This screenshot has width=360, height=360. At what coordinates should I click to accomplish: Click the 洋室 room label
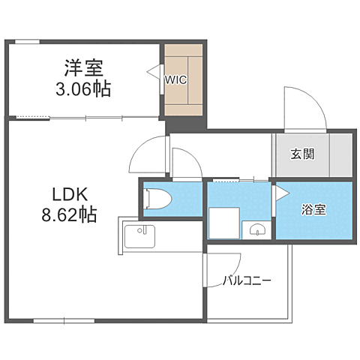[x=83, y=68]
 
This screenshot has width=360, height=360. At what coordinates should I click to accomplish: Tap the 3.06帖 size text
[x=83, y=89]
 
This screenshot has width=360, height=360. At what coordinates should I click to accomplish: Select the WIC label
[x=175, y=80]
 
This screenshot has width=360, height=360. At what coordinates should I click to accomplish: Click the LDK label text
[x=70, y=194]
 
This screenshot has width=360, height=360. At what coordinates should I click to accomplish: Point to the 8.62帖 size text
[x=69, y=215]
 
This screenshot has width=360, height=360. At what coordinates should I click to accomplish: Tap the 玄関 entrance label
[x=302, y=154]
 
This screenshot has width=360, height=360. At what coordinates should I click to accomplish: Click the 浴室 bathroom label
[x=313, y=209]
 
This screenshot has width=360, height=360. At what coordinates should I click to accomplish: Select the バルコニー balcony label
[x=247, y=281]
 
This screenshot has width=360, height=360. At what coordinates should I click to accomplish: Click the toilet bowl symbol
[x=158, y=199]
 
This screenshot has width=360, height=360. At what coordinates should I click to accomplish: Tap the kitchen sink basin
[x=139, y=236]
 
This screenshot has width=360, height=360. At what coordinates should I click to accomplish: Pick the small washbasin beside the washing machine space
[x=257, y=229]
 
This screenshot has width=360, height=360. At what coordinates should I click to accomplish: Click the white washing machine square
[x=224, y=223]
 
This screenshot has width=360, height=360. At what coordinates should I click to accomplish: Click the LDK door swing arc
[x=140, y=146]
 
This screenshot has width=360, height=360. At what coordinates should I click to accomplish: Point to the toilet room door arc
[x=193, y=156]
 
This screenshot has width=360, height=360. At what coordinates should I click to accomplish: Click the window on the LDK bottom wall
[x=64, y=321]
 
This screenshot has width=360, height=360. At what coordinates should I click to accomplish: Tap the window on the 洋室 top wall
[x=27, y=42]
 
